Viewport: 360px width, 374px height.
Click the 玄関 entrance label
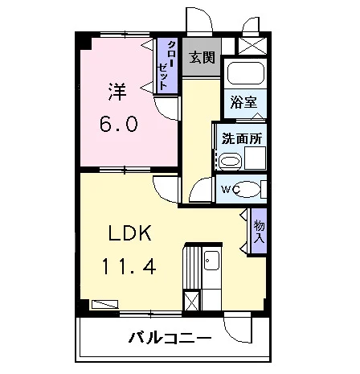[202, 57]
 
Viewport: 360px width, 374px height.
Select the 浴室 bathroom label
[243, 102]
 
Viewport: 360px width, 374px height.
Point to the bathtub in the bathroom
[246, 73]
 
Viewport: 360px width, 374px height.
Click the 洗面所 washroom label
[242, 138]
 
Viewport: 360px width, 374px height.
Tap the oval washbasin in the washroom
[231, 162]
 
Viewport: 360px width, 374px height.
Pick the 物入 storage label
[260, 231]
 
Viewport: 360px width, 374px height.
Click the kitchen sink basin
[212, 261]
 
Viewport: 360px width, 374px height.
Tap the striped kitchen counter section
[192, 268]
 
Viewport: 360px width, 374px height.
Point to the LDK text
[130, 232]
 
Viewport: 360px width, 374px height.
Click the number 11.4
[129, 265]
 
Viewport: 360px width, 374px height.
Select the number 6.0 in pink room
[119, 124]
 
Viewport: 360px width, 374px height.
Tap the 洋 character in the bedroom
[117, 92]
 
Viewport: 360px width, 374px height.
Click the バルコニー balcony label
[170, 338]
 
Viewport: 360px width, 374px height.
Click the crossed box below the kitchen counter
[192, 301]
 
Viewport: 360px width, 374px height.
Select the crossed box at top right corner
[252, 46]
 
